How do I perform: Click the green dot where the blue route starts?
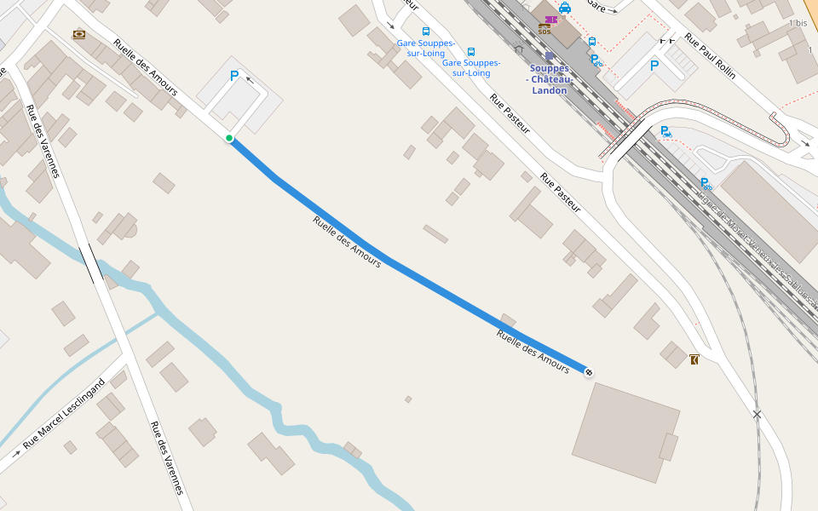(x=229, y=138)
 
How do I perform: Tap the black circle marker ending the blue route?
(x=589, y=371)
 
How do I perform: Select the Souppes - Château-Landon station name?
(x=550, y=79)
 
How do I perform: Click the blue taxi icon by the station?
(x=565, y=8)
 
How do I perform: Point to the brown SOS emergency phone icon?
(x=544, y=29)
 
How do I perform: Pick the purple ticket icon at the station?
(x=550, y=19)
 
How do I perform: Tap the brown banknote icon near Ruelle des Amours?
(x=79, y=33)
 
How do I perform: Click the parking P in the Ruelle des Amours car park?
(x=234, y=76)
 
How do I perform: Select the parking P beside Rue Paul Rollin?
(x=654, y=65)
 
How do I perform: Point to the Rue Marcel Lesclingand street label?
(x=63, y=414)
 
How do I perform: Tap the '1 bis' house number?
(x=798, y=23)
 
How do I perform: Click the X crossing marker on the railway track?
(x=757, y=415)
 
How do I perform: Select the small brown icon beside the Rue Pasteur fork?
(x=694, y=359)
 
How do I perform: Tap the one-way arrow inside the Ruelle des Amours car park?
(x=251, y=80)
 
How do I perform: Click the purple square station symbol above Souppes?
(x=550, y=56)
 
